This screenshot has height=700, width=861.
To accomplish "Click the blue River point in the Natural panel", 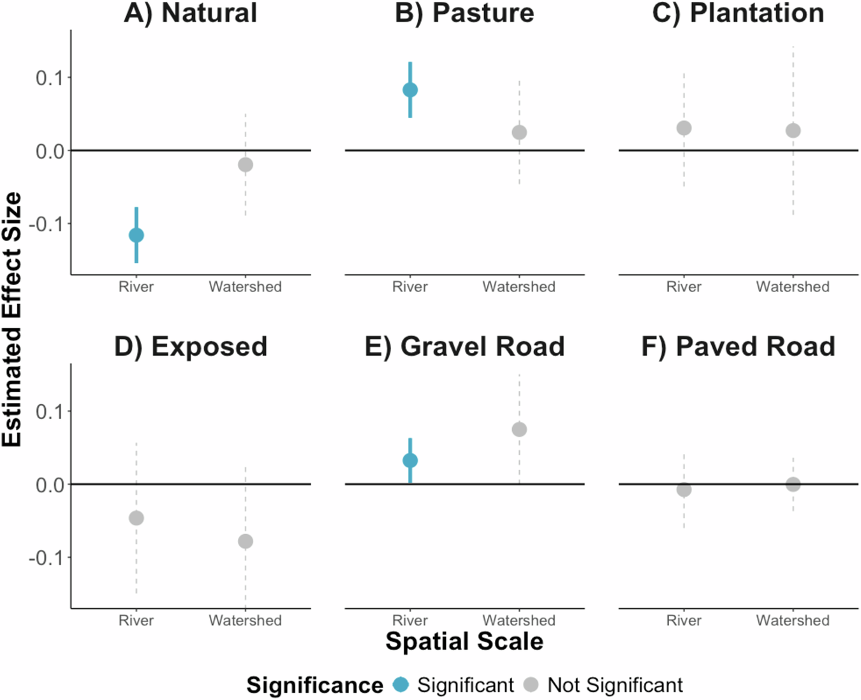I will pyautogui.click(x=136, y=235).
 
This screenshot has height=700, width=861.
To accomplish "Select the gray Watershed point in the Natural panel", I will pyautogui.click(x=246, y=164).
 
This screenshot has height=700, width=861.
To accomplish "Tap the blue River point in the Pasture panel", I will pyautogui.click(x=410, y=90).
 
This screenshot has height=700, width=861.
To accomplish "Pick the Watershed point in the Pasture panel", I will pyautogui.click(x=519, y=133).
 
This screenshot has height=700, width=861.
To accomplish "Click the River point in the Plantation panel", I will pyautogui.click(x=684, y=128).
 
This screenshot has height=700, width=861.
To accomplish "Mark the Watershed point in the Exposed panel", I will pyautogui.click(x=246, y=541).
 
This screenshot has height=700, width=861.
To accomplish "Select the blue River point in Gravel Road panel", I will pyautogui.click(x=410, y=460).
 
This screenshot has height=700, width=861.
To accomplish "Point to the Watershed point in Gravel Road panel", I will pyautogui.click(x=519, y=430).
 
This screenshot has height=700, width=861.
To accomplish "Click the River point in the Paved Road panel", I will pyautogui.click(x=684, y=490).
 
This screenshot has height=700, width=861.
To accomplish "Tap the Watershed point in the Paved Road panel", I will pyautogui.click(x=793, y=485).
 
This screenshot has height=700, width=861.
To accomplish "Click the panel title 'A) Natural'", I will pyautogui.click(x=191, y=13).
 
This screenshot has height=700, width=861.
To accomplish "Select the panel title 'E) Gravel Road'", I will pyautogui.click(x=464, y=347).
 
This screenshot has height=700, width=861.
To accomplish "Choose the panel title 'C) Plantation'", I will pyautogui.click(x=738, y=13).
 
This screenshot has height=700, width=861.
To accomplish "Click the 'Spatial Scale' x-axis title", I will pyautogui.click(x=464, y=641).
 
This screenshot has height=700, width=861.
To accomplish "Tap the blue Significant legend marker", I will pyautogui.click(x=401, y=685).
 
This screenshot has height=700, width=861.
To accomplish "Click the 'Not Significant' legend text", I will pyautogui.click(x=615, y=685).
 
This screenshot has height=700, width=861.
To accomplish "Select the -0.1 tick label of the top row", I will pyautogui.click(x=47, y=224).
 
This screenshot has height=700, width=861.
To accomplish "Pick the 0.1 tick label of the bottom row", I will pyautogui.click(x=50, y=412).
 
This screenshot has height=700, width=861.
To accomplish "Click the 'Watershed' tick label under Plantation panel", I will pyautogui.click(x=793, y=287).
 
